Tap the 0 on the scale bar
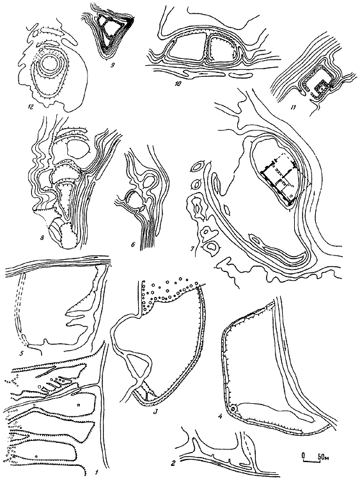point(304,456)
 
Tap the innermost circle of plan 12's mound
point(49,65)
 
